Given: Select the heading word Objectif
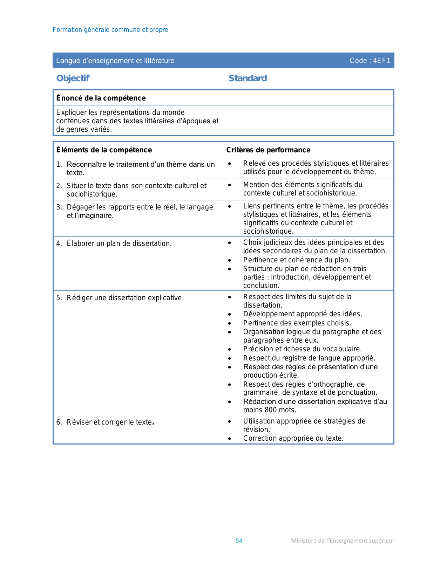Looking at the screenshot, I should [73, 78].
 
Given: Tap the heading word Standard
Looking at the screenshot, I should [248, 78].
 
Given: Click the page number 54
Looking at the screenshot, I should [239, 541].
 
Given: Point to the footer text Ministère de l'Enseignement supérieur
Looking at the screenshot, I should [343, 541].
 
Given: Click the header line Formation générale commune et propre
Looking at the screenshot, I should [110, 30].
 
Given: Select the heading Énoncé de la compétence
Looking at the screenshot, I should [101, 98].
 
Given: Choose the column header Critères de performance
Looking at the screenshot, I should [268, 150].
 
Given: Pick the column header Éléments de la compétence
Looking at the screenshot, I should [104, 150].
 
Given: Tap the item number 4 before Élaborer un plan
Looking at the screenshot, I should [59, 243].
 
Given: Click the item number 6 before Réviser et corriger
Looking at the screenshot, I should [59, 422].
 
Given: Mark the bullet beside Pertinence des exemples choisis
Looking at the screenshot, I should [230, 323].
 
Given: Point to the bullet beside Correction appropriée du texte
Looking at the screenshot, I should [230, 439].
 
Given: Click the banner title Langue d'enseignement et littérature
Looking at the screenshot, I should [115, 61].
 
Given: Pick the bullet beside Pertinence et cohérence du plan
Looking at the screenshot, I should [230, 260].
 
